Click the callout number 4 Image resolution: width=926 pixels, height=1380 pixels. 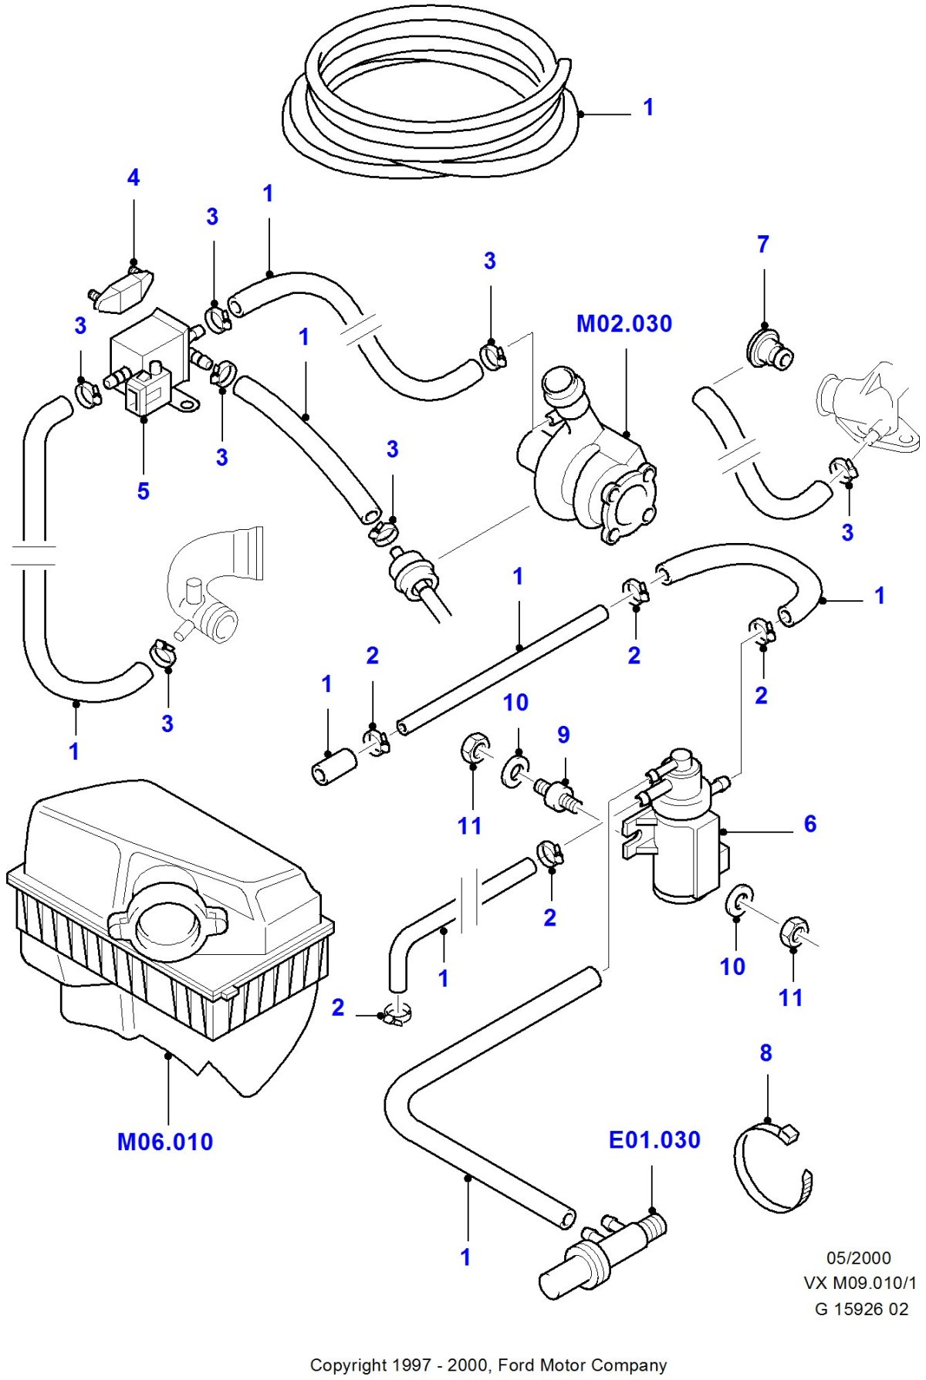point(133,178)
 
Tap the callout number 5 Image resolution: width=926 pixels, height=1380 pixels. point(144,491)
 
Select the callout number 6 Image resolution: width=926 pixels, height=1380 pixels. point(809,824)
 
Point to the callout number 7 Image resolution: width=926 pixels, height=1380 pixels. point(763,245)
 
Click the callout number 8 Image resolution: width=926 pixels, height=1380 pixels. point(765,1053)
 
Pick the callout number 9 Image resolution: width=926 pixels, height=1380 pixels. point(563,734)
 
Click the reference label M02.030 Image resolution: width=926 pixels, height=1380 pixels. point(624,324)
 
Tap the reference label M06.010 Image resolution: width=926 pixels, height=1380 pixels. point(165,1142)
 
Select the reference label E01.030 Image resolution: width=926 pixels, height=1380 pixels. point(654,1140)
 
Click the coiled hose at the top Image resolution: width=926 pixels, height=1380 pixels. point(432,100)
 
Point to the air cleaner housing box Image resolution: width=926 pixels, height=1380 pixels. point(170,910)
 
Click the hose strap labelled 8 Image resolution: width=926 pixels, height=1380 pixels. point(772,1169)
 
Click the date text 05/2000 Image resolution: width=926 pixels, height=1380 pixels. point(858,1258)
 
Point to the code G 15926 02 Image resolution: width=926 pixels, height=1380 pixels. point(861,1309)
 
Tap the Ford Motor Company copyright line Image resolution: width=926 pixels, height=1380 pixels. point(488,1365)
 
